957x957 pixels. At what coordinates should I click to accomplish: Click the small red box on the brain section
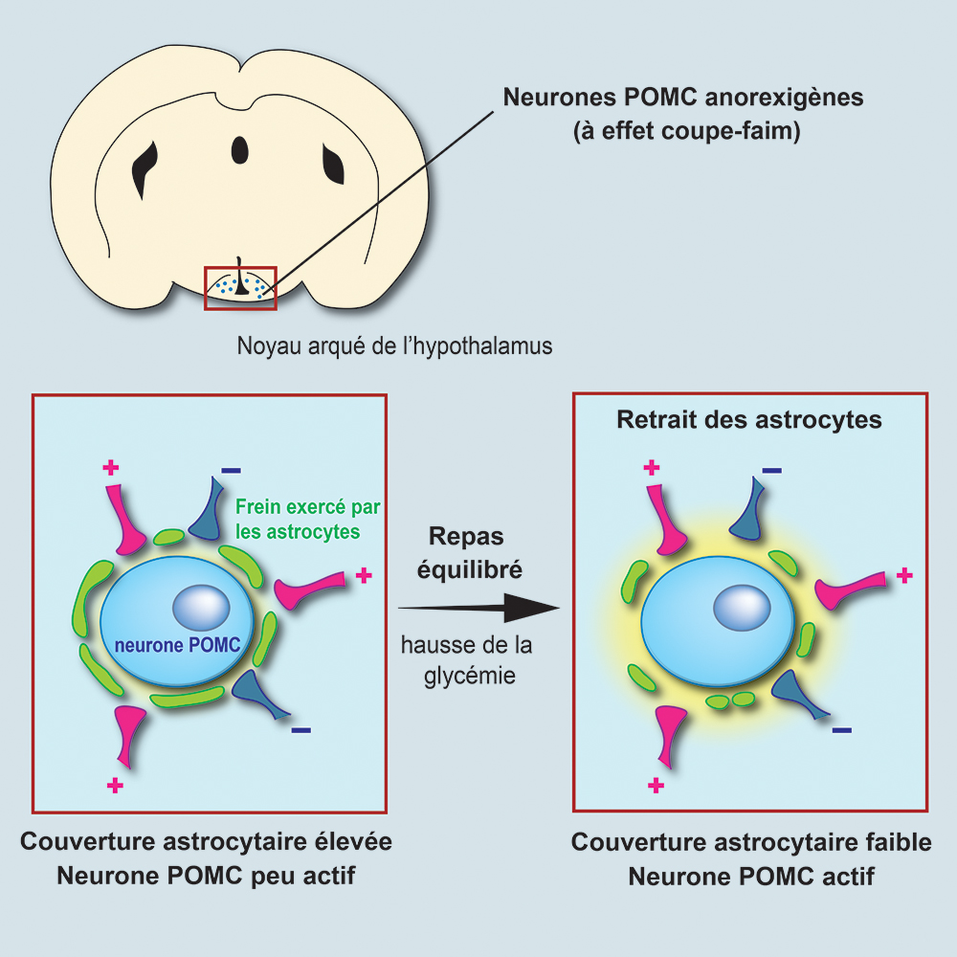[240, 288]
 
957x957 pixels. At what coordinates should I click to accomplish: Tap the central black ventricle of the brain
[239, 149]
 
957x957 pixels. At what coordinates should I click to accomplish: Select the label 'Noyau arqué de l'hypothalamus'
[394, 345]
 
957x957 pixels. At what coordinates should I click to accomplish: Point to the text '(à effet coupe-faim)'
[686, 131]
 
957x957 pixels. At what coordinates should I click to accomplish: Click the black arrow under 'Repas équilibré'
[478, 607]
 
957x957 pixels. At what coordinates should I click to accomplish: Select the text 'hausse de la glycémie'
[467, 660]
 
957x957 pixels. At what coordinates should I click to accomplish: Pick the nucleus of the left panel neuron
[201, 607]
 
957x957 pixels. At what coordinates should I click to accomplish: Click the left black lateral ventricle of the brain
[146, 169]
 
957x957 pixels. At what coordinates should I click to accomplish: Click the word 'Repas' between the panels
[466, 536]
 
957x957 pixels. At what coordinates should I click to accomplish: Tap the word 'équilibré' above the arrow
[476, 570]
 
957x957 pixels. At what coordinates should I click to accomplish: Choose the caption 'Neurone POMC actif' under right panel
[750, 876]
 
